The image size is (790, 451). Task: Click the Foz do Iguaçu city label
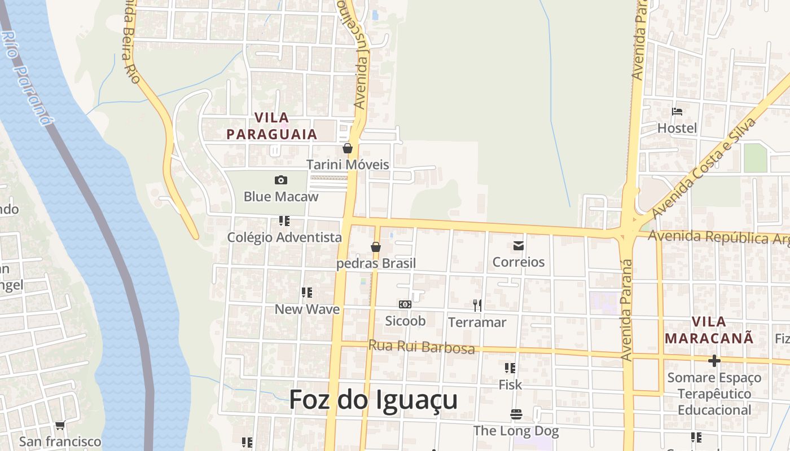click(373, 400)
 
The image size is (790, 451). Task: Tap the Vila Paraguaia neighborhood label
click(272, 126)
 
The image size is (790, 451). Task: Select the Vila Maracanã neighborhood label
click(709, 330)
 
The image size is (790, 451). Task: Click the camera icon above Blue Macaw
click(280, 180)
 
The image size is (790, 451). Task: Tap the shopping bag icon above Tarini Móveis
click(348, 148)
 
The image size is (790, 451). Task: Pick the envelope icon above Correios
click(519, 246)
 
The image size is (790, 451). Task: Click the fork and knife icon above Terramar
click(477, 306)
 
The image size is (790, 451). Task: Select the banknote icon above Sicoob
click(405, 304)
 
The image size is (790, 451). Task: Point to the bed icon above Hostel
click(677, 112)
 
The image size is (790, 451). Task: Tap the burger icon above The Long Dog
click(516, 415)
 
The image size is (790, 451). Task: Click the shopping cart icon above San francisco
click(60, 425)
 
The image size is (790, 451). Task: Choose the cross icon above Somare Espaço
click(714, 361)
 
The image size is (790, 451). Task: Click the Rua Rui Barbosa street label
click(422, 346)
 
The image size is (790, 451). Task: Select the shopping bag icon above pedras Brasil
click(376, 247)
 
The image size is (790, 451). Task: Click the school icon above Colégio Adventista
click(284, 221)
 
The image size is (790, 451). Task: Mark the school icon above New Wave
click(307, 293)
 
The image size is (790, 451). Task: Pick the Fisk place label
click(510, 385)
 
